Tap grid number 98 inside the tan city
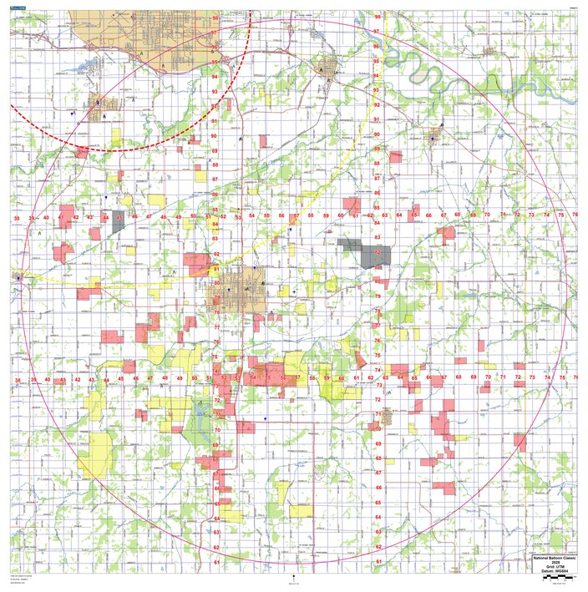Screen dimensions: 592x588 (215, 17)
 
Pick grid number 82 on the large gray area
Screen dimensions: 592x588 (377, 251)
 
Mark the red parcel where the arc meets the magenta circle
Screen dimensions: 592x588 (81, 153)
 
